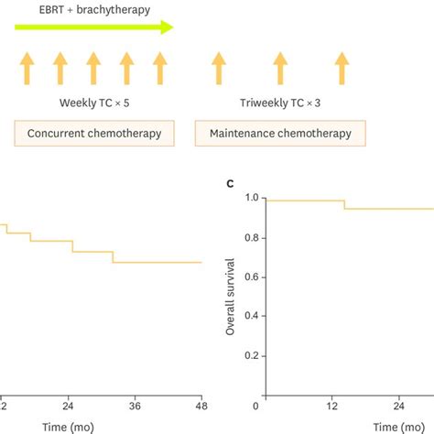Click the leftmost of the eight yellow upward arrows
point(27,70)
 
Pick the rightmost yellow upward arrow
point(342,70)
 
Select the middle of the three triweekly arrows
point(279,70)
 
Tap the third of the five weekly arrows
point(93,70)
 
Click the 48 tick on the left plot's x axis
point(201,406)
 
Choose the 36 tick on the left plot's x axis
point(136,406)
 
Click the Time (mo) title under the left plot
point(69,426)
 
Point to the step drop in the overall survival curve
point(344,204)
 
